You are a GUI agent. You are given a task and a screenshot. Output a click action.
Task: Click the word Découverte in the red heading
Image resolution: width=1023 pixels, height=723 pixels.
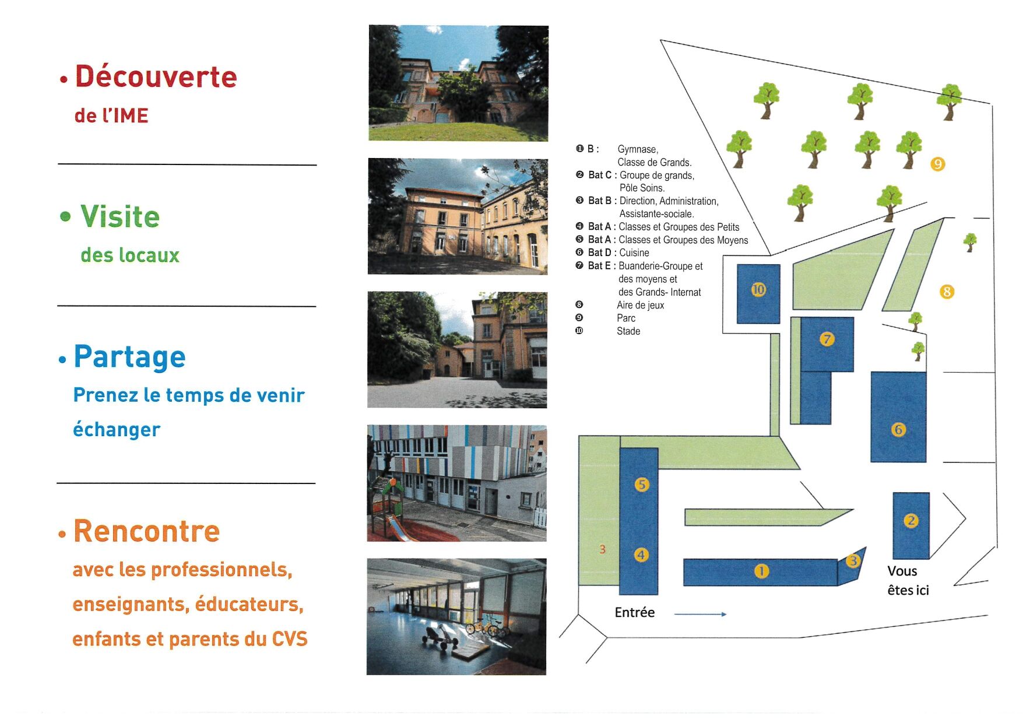(x=156, y=76)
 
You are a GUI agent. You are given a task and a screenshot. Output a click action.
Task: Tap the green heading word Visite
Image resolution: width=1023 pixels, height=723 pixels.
(x=120, y=216)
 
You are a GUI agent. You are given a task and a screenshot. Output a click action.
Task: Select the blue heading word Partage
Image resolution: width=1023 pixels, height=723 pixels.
(x=129, y=357)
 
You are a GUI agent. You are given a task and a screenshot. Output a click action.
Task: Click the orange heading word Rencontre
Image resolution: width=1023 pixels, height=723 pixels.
(x=146, y=531)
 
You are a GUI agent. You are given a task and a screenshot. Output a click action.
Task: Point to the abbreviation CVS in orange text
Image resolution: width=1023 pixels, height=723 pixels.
(x=290, y=638)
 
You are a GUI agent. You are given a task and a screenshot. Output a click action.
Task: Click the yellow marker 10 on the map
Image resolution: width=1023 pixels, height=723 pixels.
(x=758, y=289)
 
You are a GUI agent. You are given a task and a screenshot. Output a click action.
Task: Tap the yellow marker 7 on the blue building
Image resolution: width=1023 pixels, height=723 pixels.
(x=827, y=339)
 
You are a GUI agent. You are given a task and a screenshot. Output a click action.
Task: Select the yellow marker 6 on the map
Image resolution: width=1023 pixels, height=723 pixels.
(x=898, y=430)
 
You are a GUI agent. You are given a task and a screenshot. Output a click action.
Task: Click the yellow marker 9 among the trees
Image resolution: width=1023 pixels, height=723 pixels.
(x=937, y=164)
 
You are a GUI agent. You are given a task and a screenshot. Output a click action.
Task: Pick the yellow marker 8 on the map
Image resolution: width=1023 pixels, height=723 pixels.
(x=947, y=292)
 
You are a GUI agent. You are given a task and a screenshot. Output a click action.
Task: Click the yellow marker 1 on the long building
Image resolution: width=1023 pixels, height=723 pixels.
(x=761, y=571)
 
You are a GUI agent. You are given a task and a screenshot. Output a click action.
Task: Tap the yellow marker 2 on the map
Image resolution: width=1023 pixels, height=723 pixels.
(x=910, y=520)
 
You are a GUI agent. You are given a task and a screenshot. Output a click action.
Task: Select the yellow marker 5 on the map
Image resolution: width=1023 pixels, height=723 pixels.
(x=641, y=485)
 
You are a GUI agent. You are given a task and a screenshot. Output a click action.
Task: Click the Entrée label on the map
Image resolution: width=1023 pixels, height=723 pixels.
(x=635, y=612)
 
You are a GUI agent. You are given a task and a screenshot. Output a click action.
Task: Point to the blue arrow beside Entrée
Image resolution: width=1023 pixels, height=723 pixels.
(x=701, y=614)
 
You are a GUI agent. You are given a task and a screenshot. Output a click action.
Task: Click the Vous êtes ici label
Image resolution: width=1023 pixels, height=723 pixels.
(x=908, y=581)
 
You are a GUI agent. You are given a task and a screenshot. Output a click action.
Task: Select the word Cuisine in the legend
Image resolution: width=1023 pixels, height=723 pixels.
(x=634, y=252)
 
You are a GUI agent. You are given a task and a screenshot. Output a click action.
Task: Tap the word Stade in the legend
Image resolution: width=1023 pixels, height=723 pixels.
(x=628, y=331)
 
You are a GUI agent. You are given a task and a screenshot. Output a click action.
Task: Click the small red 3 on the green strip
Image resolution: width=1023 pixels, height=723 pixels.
(x=603, y=549)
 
